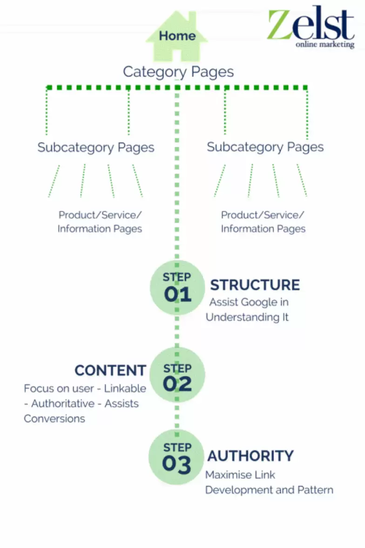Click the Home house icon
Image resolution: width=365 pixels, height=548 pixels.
[177, 36]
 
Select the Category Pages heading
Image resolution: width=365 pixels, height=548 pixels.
[178, 72]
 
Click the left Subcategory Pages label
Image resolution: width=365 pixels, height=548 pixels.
[96, 148]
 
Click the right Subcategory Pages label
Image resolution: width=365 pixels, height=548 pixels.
[265, 147]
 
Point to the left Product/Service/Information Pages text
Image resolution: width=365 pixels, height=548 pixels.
[100, 222]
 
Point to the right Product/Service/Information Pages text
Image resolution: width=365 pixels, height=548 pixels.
[263, 222]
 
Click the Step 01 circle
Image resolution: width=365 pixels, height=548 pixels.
[177, 288]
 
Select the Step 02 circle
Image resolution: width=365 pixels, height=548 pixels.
[177, 376]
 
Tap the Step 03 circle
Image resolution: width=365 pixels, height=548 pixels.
[177, 457]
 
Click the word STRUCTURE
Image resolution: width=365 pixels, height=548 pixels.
[255, 285]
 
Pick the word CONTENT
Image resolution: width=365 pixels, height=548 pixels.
[110, 370]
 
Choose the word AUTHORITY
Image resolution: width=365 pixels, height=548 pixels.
[250, 455]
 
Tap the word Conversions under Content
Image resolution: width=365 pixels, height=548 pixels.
[54, 418]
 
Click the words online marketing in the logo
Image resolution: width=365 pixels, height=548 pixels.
[325, 45]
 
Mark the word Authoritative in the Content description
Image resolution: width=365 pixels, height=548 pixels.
[66, 404]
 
